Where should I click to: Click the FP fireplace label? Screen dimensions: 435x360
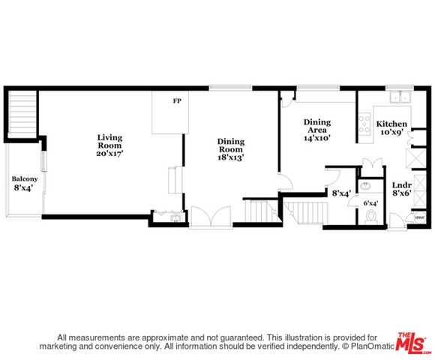coord(177,101)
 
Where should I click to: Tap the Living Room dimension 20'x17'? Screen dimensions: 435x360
coord(109,153)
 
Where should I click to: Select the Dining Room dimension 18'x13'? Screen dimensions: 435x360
coord(231,157)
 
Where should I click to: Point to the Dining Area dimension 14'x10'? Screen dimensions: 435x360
coord(317,138)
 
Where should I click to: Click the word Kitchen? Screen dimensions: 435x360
coord(391,124)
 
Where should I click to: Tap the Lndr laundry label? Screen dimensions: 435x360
coord(402,185)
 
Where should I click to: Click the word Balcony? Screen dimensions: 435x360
coord(25,179)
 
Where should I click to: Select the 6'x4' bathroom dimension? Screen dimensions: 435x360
coord(371,203)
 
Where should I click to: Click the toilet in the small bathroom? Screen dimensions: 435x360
coord(371,217)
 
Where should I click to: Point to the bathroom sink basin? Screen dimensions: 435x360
coord(367,185)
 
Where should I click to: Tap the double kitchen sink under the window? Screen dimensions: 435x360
coord(400,97)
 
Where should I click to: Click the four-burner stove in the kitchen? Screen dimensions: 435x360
coord(364,124)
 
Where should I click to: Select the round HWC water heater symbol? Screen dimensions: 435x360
coord(420,217)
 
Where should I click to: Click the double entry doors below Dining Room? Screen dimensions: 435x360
coord(211,216)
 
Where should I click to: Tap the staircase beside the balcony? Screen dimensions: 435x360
coord(22,113)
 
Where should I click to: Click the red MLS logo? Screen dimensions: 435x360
coord(413,343)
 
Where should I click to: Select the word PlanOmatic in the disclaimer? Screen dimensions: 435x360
coord(372,346)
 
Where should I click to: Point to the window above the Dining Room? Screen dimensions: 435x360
coord(230,88)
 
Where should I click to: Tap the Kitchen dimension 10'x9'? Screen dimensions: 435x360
coord(391,132)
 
